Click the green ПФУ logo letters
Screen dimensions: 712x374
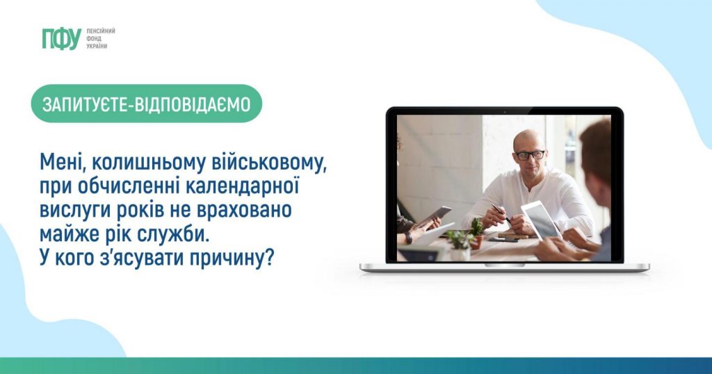pyautogui.click(x=62, y=38)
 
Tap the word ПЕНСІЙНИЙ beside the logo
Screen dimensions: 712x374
pyautogui.click(x=101, y=31)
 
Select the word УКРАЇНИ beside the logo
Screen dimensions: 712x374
pyautogui.click(x=97, y=47)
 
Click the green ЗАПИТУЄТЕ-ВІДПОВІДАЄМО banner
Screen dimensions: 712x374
pyautogui.click(x=146, y=104)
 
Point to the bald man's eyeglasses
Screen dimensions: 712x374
pyautogui.click(x=529, y=155)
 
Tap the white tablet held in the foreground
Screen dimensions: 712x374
pyautogui.click(x=541, y=220)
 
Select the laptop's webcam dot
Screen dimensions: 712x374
pyautogui.click(x=505, y=111)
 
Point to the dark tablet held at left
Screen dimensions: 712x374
pyautogui.click(x=435, y=216)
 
